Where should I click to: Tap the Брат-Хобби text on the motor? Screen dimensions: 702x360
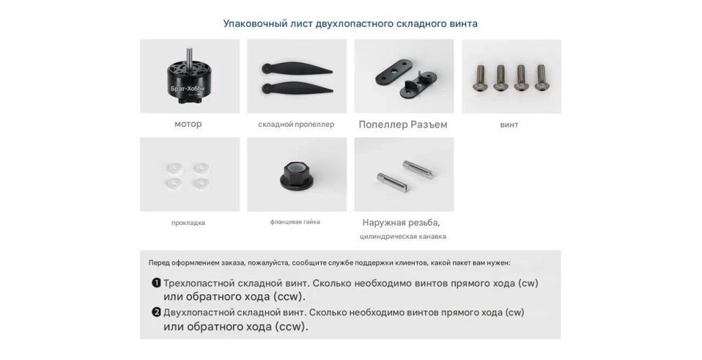[x=188, y=88]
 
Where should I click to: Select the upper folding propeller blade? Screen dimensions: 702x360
[x=296, y=69]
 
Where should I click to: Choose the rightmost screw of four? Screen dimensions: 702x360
[x=542, y=77]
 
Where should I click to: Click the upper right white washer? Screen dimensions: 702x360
[x=202, y=168]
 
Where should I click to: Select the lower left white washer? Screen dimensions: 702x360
[x=173, y=182]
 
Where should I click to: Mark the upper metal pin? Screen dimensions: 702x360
[x=417, y=169]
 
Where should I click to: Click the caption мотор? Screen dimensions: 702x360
[x=188, y=124]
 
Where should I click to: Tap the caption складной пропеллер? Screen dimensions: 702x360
[x=296, y=125]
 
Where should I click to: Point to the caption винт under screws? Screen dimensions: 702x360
[x=509, y=125]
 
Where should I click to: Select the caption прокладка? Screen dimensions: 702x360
[x=188, y=223]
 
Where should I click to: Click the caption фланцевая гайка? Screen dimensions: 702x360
[x=295, y=221]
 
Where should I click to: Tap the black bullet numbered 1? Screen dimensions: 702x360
[x=156, y=283]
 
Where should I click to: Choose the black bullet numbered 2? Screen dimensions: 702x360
[x=156, y=313]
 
